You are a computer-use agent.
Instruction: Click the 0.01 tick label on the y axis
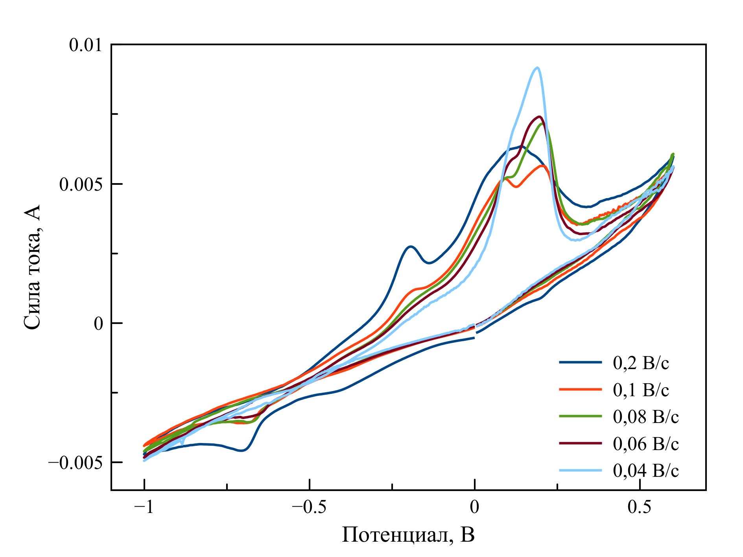[85, 45]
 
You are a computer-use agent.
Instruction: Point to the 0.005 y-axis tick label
[80, 184]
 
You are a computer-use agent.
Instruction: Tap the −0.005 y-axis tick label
[75, 463]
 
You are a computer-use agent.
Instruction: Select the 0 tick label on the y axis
[98, 324]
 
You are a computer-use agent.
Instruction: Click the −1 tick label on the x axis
[144, 507]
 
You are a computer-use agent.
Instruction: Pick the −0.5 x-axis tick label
[309, 507]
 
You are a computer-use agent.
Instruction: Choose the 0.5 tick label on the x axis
[640, 507]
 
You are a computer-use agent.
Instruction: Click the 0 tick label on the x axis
[475, 507]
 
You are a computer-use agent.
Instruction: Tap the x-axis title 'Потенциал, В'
[408, 535]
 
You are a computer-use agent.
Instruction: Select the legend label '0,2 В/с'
[641, 363]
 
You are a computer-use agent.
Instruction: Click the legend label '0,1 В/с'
[641, 390]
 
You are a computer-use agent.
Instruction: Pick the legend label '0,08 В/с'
[645, 416]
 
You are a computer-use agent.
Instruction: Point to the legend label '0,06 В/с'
[645, 443]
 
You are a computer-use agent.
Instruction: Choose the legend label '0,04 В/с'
[645, 470]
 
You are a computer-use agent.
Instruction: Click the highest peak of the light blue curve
[537, 68]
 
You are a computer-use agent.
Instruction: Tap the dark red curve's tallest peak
[540, 116]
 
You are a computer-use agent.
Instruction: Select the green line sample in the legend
[580, 416]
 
